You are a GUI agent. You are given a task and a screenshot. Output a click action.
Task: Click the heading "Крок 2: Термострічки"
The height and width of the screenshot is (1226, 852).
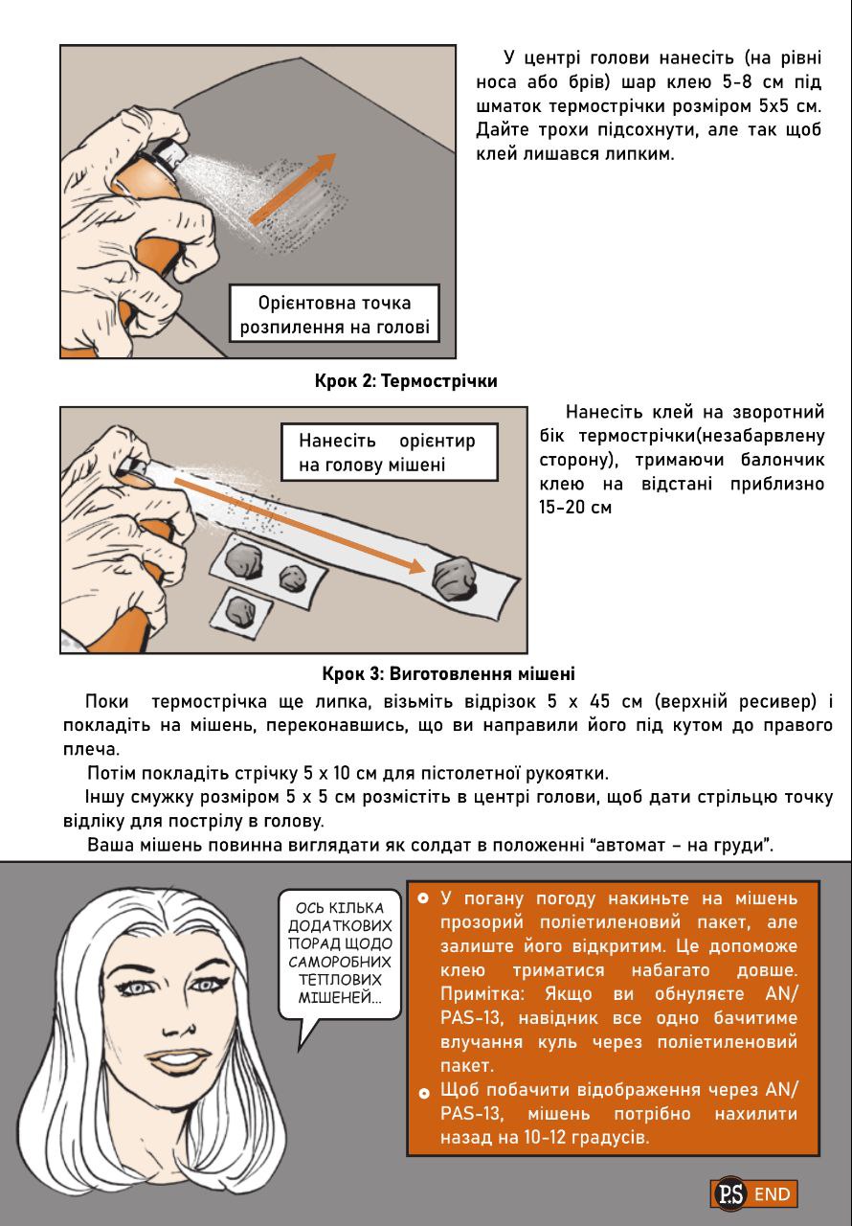[406, 381]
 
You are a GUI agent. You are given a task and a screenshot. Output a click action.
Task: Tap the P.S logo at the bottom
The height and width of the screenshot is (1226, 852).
[729, 1194]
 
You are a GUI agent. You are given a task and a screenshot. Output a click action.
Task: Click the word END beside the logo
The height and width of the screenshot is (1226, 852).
[773, 1194]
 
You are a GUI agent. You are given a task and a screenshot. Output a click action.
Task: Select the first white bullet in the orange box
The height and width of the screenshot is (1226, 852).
[423, 899]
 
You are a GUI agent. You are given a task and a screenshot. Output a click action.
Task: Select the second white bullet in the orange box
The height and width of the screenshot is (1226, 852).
[423, 1093]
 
